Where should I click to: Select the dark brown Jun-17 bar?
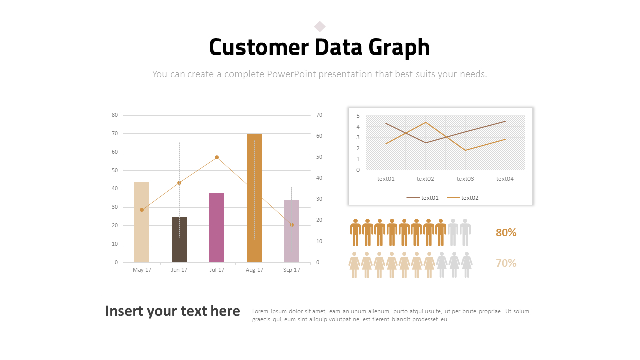click(x=179, y=239)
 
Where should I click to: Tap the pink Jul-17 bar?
click(x=217, y=227)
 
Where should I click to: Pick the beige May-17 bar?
click(x=142, y=222)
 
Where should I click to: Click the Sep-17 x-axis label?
click(x=292, y=270)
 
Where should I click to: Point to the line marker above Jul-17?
click(x=217, y=157)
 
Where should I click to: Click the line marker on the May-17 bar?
click(x=142, y=210)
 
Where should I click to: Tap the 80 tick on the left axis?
click(x=115, y=115)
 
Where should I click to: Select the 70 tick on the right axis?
click(x=319, y=115)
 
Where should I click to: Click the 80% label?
click(x=506, y=233)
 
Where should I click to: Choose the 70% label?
click(x=506, y=263)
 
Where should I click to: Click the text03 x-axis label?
click(x=465, y=179)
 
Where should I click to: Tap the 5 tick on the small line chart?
click(x=358, y=116)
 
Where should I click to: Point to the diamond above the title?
click(x=320, y=26)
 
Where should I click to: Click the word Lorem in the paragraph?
click(x=261, y=311)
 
